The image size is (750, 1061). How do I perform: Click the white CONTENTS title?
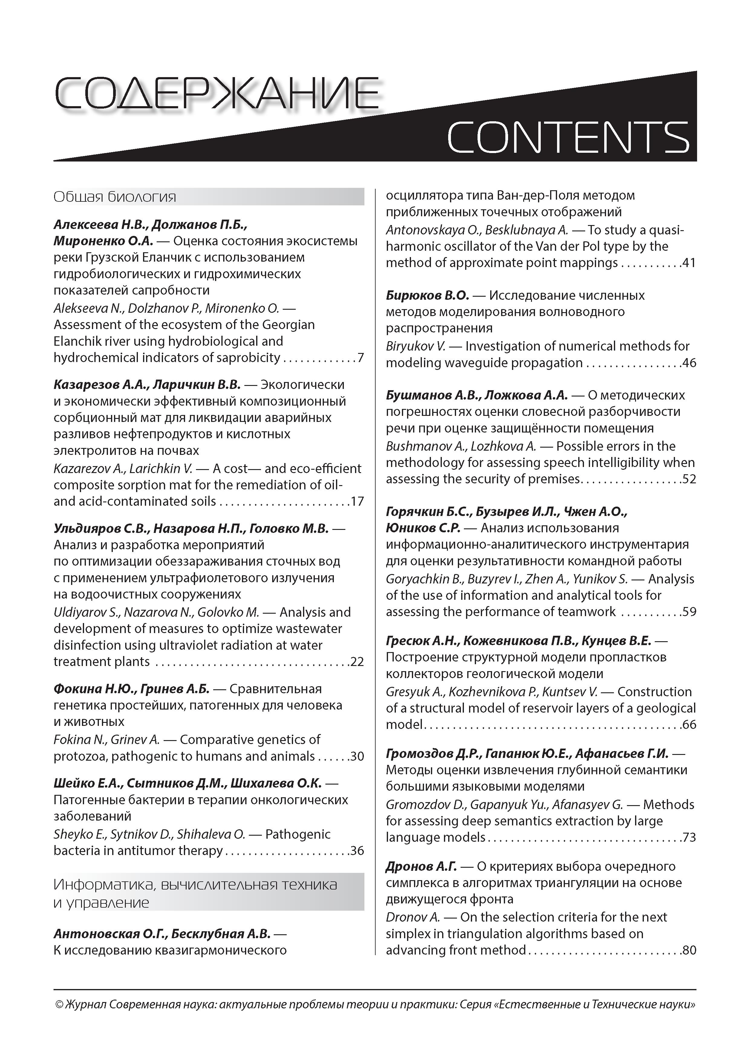click(x=568, y=137)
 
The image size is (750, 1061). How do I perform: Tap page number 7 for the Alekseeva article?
click(x=360, y=358)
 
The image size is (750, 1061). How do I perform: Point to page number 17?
click(x=357, y=501)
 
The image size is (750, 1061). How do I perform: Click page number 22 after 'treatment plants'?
click(x=357, y=662)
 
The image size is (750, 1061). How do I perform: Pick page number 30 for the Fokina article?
click(x=357, y=756)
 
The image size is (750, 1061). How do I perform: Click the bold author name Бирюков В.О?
click(x=427, y=295)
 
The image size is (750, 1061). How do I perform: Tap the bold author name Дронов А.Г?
click(x=421, y=867)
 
